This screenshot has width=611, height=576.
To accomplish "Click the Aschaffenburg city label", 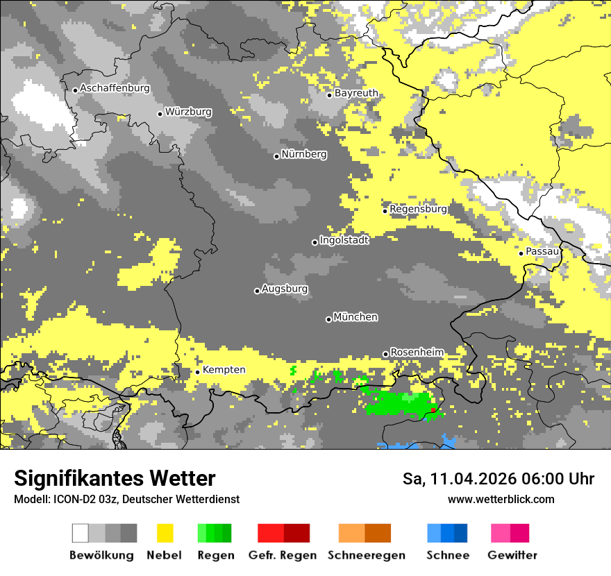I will tap(115, 88).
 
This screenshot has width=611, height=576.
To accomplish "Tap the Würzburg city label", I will tap(188, 112).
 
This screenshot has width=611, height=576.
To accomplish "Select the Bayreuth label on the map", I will tap(356, 93).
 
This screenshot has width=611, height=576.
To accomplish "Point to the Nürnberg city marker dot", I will tap(276, 156).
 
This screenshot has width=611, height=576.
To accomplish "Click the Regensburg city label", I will tap(418, 209).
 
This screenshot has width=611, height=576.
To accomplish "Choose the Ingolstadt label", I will tap(344, 240).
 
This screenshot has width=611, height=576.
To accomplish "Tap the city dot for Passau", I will tap(521, 253).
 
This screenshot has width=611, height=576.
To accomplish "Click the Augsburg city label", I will tap(285, 289).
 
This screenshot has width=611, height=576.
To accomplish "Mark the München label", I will tap(355, 317).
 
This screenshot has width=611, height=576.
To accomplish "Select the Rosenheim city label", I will tap(417, 353).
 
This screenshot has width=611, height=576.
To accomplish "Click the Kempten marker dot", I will tap(197, 372).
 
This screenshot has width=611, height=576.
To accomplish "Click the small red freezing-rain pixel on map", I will tap(433, 410).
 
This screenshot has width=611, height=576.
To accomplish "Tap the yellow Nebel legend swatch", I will tap(165, 533).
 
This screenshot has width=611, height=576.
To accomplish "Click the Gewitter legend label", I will tap(512, 555).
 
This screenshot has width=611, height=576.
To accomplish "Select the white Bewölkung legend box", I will tap(81, 533).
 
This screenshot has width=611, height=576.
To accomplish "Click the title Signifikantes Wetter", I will tap(115, 478).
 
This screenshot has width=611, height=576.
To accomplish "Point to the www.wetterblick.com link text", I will tap(501, 499).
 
